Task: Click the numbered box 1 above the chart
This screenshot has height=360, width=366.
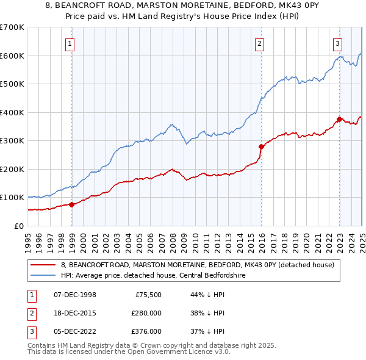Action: (71, 43)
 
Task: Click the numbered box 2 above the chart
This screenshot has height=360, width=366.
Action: (260, 43)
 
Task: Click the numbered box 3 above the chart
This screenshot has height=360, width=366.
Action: (337, 43)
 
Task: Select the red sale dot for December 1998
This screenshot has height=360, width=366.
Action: (71, 204)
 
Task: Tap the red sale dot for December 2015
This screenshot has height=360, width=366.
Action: (260, 146)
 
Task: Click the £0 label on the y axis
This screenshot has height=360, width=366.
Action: (18, 226)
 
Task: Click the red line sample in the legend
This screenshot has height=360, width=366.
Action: (42, 265)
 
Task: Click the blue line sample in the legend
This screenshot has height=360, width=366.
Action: (42, 275)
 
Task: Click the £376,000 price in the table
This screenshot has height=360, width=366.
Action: (146, 331)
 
